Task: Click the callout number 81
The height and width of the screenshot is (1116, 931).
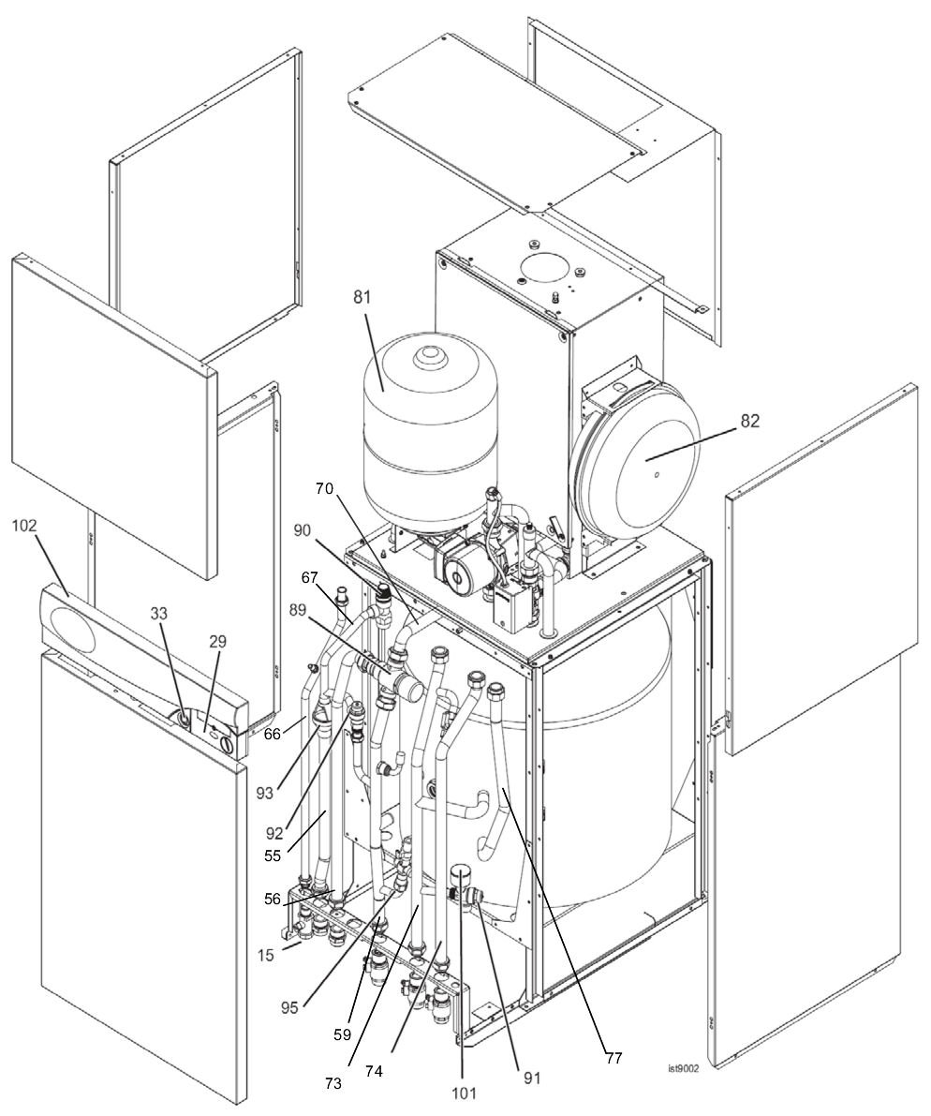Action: click(x=362, y=299)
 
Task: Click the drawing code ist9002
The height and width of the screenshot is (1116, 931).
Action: click(x=683, y=1067)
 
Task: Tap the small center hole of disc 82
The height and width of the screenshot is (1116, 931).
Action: click(x=657, y=476)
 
